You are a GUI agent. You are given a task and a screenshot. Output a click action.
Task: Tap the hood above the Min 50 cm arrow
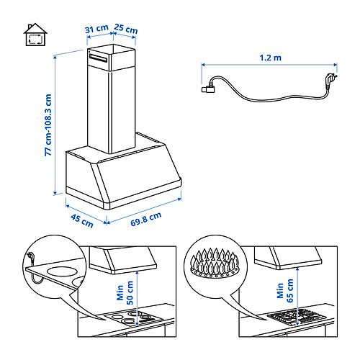click(x=130, y=257)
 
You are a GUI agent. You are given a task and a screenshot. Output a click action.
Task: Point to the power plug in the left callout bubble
click(x=30, y=256)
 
